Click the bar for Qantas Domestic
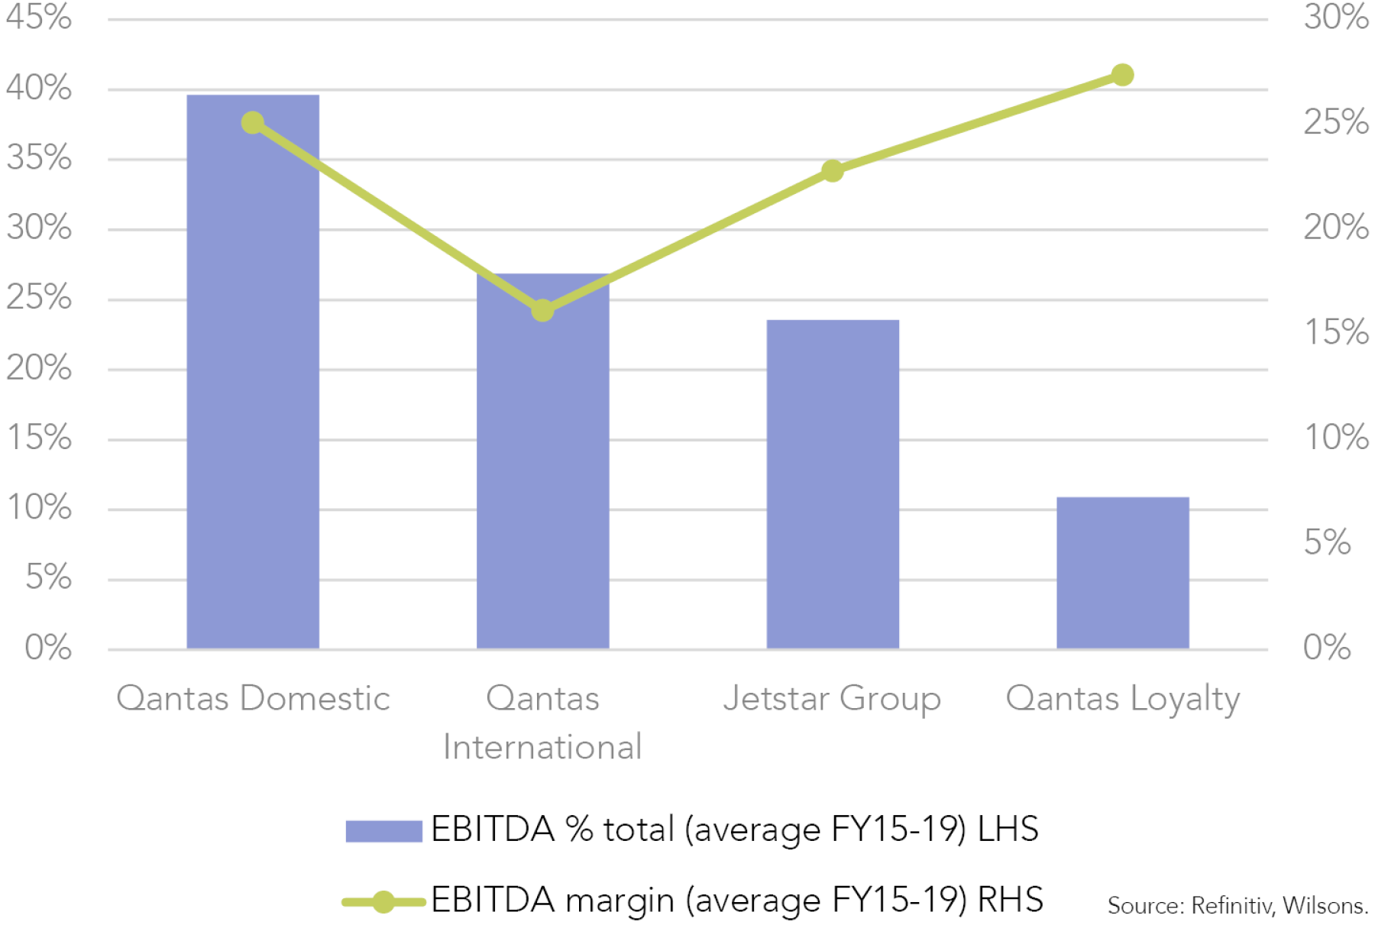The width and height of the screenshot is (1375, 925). tap(253, 372)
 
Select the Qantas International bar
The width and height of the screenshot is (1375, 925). tap(543, 461)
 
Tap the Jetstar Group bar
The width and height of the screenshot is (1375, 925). tap(833, 484)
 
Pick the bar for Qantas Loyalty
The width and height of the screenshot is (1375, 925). tap(1123, 573)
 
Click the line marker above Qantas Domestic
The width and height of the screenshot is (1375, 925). tap(253, 123)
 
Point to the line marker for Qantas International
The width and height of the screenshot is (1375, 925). tap(542, 311)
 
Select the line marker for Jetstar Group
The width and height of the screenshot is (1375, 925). tap(833, 171)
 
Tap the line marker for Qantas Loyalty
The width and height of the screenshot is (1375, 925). tap(1122, 75)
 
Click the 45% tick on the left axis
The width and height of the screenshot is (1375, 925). tap(39, 17)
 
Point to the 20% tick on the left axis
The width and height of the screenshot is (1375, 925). tap(39, 368)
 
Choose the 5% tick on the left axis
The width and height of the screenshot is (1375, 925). tap(48, 577)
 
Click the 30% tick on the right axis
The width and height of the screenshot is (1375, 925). tap(1336, 17)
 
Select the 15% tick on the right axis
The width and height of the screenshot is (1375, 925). tap(1336, 332)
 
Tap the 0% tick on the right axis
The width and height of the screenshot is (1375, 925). tap(1327, 648)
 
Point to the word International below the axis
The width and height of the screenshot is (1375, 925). tap(542, 747)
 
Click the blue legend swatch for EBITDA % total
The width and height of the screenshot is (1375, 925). tap(383, 831)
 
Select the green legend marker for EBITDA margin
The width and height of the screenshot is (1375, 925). tap(383, 902)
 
